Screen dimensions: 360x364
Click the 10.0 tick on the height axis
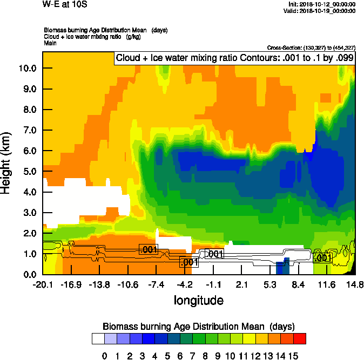(28, 68)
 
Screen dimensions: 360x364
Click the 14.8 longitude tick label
(354, 284)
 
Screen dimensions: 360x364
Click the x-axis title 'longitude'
(198, 300)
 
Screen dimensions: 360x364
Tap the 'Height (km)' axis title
(7, 162)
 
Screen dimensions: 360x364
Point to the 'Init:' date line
(322, 4)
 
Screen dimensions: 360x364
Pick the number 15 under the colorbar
(293, 356)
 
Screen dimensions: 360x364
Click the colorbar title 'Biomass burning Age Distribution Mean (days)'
(198, 327)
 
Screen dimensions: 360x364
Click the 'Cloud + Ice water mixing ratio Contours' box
(234, 58)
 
